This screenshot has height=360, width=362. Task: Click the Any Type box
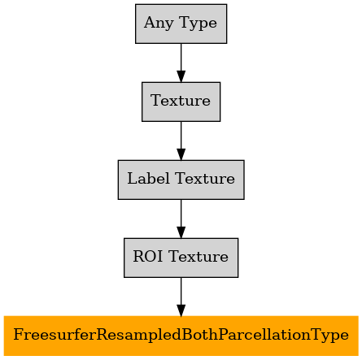181,24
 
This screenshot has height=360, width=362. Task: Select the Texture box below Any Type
181,102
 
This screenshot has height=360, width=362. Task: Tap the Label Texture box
181,180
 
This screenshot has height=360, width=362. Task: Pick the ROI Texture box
181,258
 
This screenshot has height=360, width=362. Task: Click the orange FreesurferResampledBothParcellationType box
181,336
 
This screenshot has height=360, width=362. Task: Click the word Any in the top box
159,24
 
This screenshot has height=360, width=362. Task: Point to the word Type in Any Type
198,24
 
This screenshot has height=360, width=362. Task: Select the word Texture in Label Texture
205,179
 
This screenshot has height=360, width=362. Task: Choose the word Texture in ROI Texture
198,257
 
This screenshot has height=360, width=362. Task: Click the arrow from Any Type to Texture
181,63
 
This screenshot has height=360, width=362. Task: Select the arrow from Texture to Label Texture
181,141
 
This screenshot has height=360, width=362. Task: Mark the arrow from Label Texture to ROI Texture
181,219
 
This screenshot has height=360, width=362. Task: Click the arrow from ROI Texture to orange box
181,297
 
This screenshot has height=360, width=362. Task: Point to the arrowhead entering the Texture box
181,76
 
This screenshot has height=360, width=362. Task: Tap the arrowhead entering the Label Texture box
181,154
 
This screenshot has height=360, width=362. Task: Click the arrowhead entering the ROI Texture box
181,232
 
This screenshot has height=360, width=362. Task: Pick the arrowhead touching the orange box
181,310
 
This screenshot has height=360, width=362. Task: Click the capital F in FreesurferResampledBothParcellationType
18,335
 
